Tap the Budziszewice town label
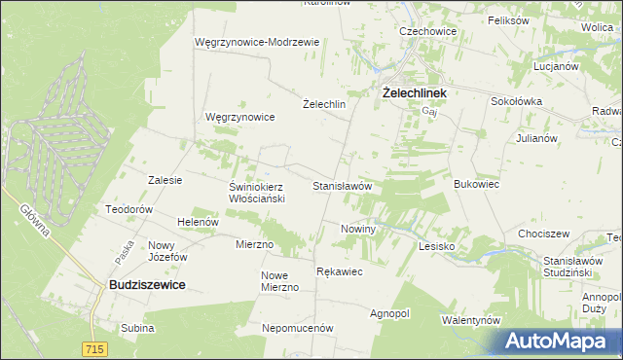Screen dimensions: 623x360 click(145, 284)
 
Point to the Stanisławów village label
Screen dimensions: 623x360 click(343, 185)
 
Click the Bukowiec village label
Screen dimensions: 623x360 click(477, 183)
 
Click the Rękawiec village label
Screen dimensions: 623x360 click(340, 271)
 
